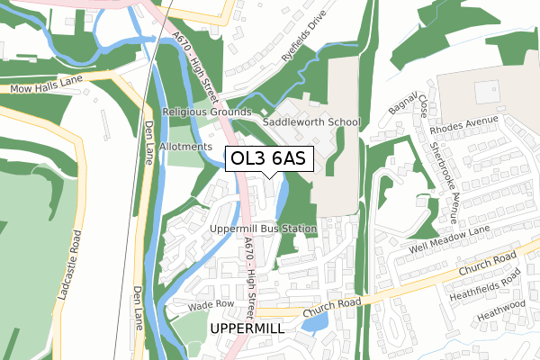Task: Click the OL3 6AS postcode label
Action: (x=268, y=158)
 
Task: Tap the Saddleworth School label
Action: (x=310, y=122)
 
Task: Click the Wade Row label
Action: (x=211, y=305)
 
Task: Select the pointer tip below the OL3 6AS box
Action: (x=268, y=177)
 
